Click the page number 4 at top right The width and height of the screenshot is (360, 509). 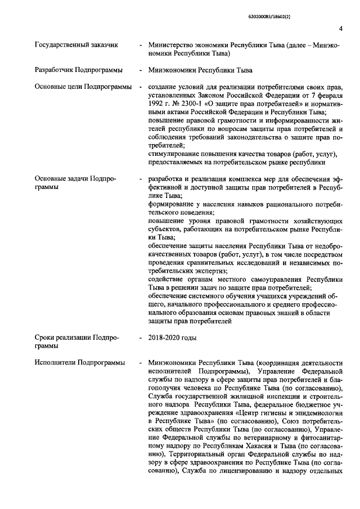pyautogui.click(x=341, y=30)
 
